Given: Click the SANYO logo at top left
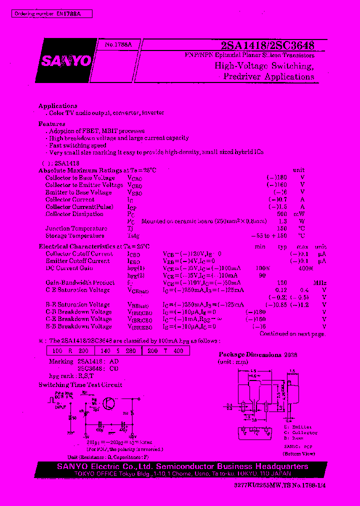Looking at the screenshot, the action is pos(66,60).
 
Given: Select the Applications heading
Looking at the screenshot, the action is pos(58,106).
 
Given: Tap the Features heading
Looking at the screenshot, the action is pos(52,123).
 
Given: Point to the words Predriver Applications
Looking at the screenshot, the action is pos(269,76).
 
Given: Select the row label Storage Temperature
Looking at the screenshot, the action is pos(75,236).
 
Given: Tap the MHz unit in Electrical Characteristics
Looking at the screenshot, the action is pos(320,282).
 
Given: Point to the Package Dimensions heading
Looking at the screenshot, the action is pos(250,354).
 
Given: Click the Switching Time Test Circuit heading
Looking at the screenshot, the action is pos(80,385).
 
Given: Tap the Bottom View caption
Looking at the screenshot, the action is pos(298,454).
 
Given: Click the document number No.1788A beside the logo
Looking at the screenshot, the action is pos(118,44).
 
